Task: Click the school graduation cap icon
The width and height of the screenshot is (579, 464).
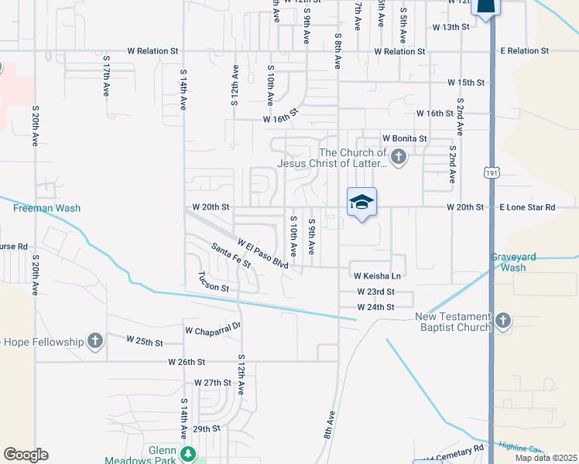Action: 361,203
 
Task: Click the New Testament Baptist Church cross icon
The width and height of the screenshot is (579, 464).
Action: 503,320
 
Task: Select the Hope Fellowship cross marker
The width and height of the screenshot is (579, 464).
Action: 94,341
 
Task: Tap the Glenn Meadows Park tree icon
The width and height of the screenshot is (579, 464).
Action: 186,453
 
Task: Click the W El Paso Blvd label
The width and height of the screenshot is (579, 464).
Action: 263,254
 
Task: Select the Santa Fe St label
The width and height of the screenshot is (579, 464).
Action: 231,254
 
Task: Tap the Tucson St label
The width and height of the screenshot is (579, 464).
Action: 214,282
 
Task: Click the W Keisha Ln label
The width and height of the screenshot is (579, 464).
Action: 377,276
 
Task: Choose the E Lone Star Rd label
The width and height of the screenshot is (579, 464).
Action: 527,207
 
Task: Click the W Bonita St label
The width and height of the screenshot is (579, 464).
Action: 404,138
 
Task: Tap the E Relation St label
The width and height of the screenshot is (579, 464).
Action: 524,50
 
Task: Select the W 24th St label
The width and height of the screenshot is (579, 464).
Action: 376,307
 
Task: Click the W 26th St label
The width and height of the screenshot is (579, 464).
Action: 187,361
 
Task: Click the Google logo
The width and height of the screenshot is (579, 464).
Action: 26,455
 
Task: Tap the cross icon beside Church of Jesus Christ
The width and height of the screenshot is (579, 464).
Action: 398,159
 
